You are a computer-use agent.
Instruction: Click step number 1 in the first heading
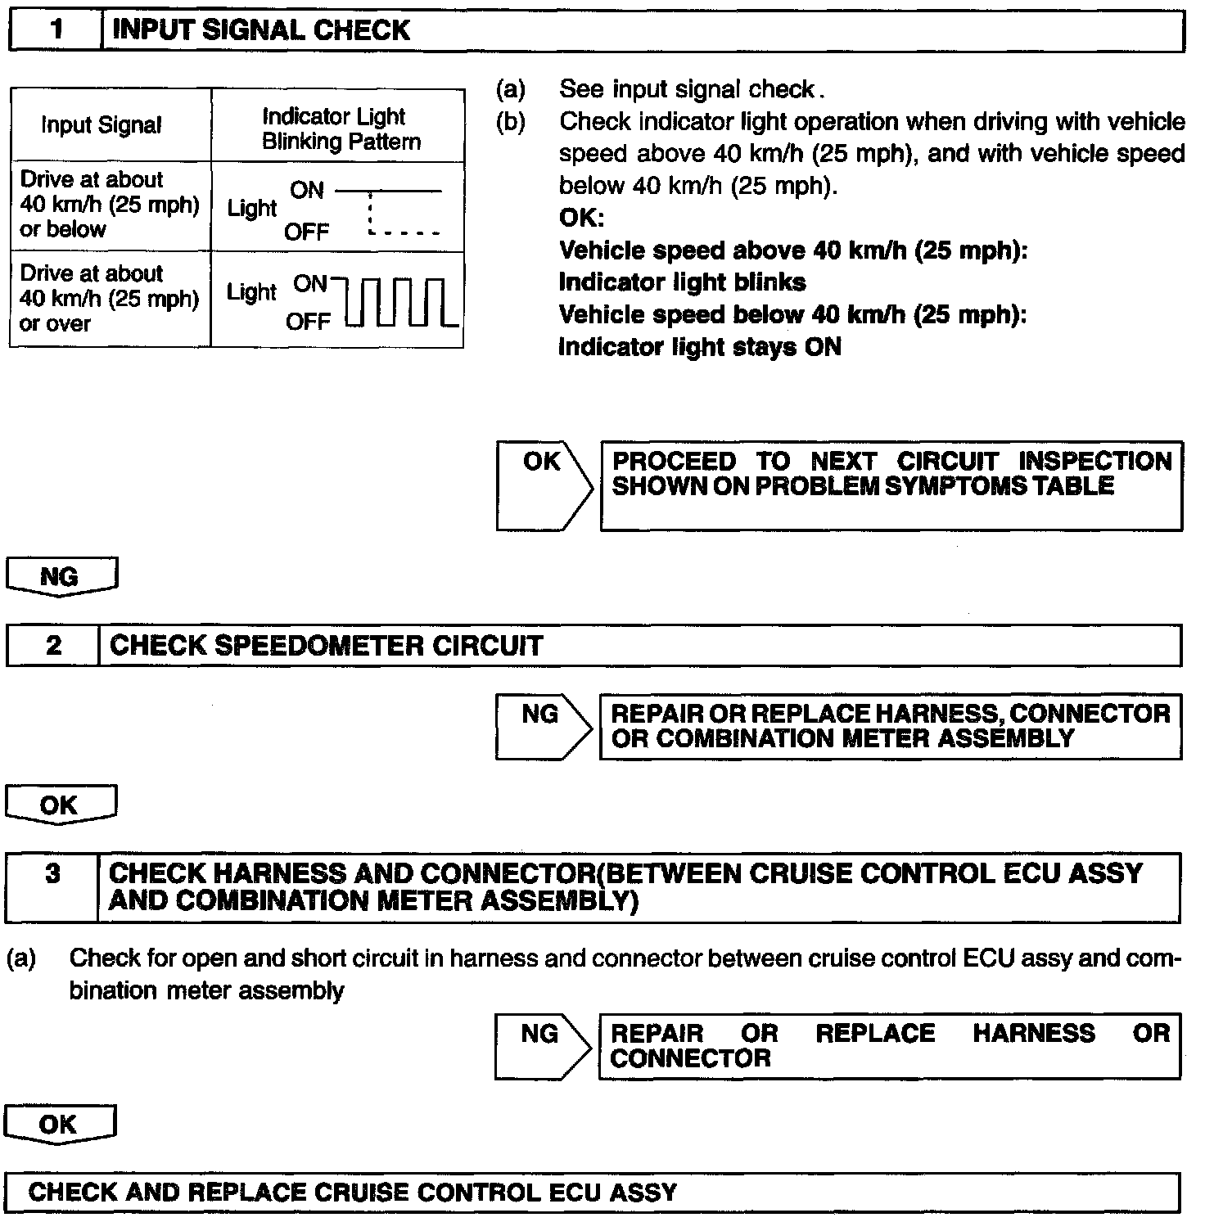(x=56, y=31)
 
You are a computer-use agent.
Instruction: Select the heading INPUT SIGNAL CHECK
(x=260, y=31)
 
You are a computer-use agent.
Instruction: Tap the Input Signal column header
(x=102, y=125)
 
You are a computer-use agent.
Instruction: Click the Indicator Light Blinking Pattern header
(x=341, y=129)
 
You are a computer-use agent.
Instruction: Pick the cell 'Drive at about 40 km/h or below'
(x=109, y=205)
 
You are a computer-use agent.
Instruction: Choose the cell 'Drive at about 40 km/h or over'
(x=109, y=299)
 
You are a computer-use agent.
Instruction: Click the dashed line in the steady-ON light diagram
(x=403, y=232)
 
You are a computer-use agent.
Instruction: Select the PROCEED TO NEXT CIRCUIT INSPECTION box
(x=891, y=485)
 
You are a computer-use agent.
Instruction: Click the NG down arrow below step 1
(x=61, y=577)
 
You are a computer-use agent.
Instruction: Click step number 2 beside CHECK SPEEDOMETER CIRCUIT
(x=53, y=646)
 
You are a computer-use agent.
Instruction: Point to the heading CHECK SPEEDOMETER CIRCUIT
(x=326, y=646)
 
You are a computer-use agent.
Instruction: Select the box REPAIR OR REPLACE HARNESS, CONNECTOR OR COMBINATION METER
(x=890, y=726)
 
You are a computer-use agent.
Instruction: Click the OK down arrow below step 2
(x=60, y=805)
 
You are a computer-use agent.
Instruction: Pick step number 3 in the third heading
(x=53, y=874)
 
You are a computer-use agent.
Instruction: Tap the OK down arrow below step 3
(x=59, y=1125)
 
